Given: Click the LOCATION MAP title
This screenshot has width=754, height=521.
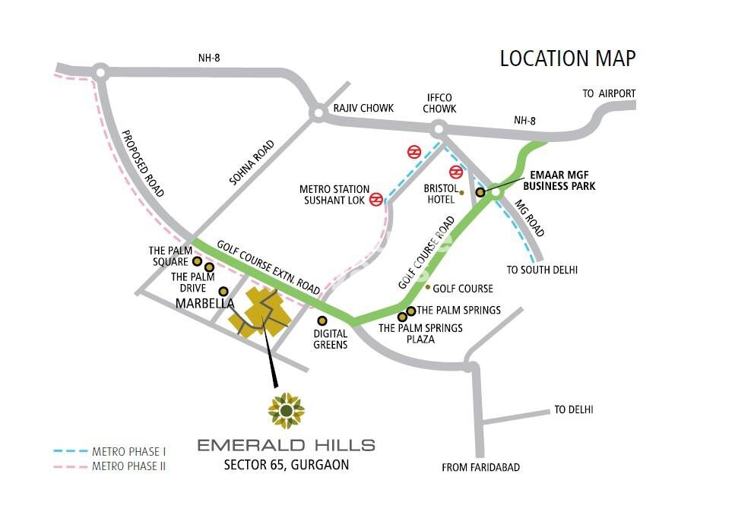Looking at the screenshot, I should (567, 58).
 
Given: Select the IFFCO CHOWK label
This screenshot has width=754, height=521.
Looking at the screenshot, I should (440, 103).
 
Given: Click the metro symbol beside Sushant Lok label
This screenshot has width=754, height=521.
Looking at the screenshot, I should (375, 200).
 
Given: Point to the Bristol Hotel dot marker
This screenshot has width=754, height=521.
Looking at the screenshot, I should (461, 193).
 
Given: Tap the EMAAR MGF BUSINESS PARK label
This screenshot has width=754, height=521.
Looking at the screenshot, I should (562, 180).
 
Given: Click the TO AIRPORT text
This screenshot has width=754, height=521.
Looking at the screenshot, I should (609, 93).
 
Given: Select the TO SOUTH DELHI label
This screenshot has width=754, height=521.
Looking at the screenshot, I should (542, 270).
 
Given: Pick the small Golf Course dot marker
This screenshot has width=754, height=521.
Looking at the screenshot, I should (428, 287).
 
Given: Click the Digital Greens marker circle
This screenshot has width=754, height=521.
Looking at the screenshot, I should (322, 320).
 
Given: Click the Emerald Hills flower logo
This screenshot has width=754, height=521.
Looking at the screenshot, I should (286, 411).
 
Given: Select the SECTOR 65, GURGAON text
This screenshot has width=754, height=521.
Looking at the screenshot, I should (286, 465).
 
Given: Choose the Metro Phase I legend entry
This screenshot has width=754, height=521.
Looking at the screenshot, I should (109, 451).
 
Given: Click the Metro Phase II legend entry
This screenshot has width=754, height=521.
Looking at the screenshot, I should (109, 466).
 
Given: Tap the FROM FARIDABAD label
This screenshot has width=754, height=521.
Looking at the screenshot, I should (480, 468).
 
